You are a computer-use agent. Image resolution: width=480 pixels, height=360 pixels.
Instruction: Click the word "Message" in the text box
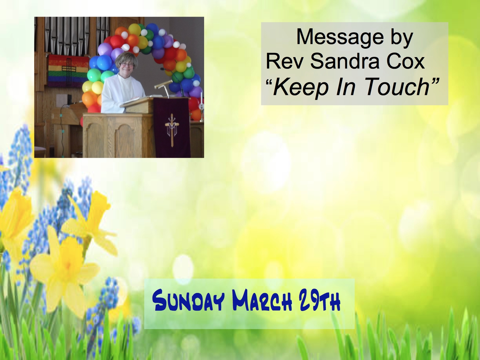point(340,37)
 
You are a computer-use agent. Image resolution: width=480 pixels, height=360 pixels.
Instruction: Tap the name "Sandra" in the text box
point(344,62)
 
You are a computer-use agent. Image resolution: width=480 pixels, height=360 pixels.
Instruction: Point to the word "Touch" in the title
point(397,87)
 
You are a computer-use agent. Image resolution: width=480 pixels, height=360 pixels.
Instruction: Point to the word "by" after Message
point(401,38)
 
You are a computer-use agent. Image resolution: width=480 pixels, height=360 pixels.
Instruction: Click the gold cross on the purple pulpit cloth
point(172,130)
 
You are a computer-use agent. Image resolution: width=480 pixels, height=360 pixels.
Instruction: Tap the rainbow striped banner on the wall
point(68,71)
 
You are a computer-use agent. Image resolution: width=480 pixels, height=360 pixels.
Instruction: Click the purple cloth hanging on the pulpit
point(171,127)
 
